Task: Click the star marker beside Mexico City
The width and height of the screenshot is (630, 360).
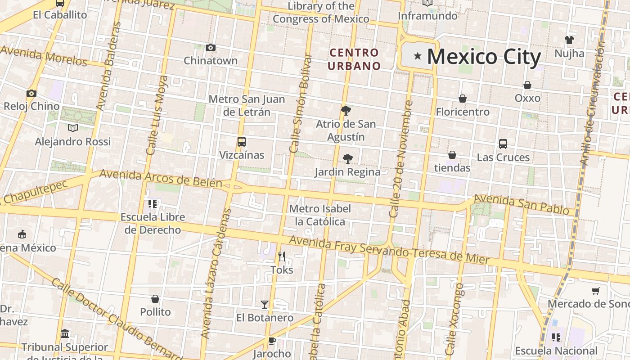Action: pyautogui.click(x=418, y=56)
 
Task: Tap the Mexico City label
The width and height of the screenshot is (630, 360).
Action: pyautogui.click(x=484, y=57)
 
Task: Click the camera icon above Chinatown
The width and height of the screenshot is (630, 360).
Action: pyautogui.click(x=210, y=47)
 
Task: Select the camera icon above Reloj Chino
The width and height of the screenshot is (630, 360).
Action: pyautogui.click(x=31, y=93)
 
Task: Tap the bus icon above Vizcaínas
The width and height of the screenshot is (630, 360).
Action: pyautogui.click(x=242, y=142)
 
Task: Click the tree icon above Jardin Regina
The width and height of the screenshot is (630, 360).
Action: pyautogui.click(x=347, y=158)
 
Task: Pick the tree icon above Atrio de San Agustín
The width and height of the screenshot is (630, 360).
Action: pyautogui.click(x=346, y=110)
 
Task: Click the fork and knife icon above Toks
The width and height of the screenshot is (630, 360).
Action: pyautogui.click(x=282, y=256)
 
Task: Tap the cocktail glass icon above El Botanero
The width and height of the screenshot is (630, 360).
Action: pyautogui.click(x=265, y=305)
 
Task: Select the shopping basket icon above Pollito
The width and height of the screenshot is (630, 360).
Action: pyautogui.click(x=155, y=299)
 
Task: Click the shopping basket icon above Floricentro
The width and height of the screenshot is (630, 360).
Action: pyautogui.click(x=462, y=99)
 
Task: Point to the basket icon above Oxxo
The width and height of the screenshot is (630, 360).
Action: pyautogui.click(x=527, y=85)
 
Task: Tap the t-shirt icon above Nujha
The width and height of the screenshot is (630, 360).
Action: pyautogui.click(x=569, y=40)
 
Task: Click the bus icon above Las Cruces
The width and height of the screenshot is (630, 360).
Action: pyautogui.click(x=503, y=144)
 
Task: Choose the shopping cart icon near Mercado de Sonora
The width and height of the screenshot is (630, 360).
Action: pyautogui.click(x=596, y=291)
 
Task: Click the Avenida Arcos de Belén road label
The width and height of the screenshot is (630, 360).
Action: pyautogui.click(x=161, y=178)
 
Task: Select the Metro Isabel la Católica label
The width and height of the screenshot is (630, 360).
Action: pyautogui.click(x=320, y=215)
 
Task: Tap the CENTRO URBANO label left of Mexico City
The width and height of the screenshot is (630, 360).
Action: pyautogui.click(x=354, y=59)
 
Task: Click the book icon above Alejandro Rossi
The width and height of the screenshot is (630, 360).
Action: pyautogui.click(x=73, y=128)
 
